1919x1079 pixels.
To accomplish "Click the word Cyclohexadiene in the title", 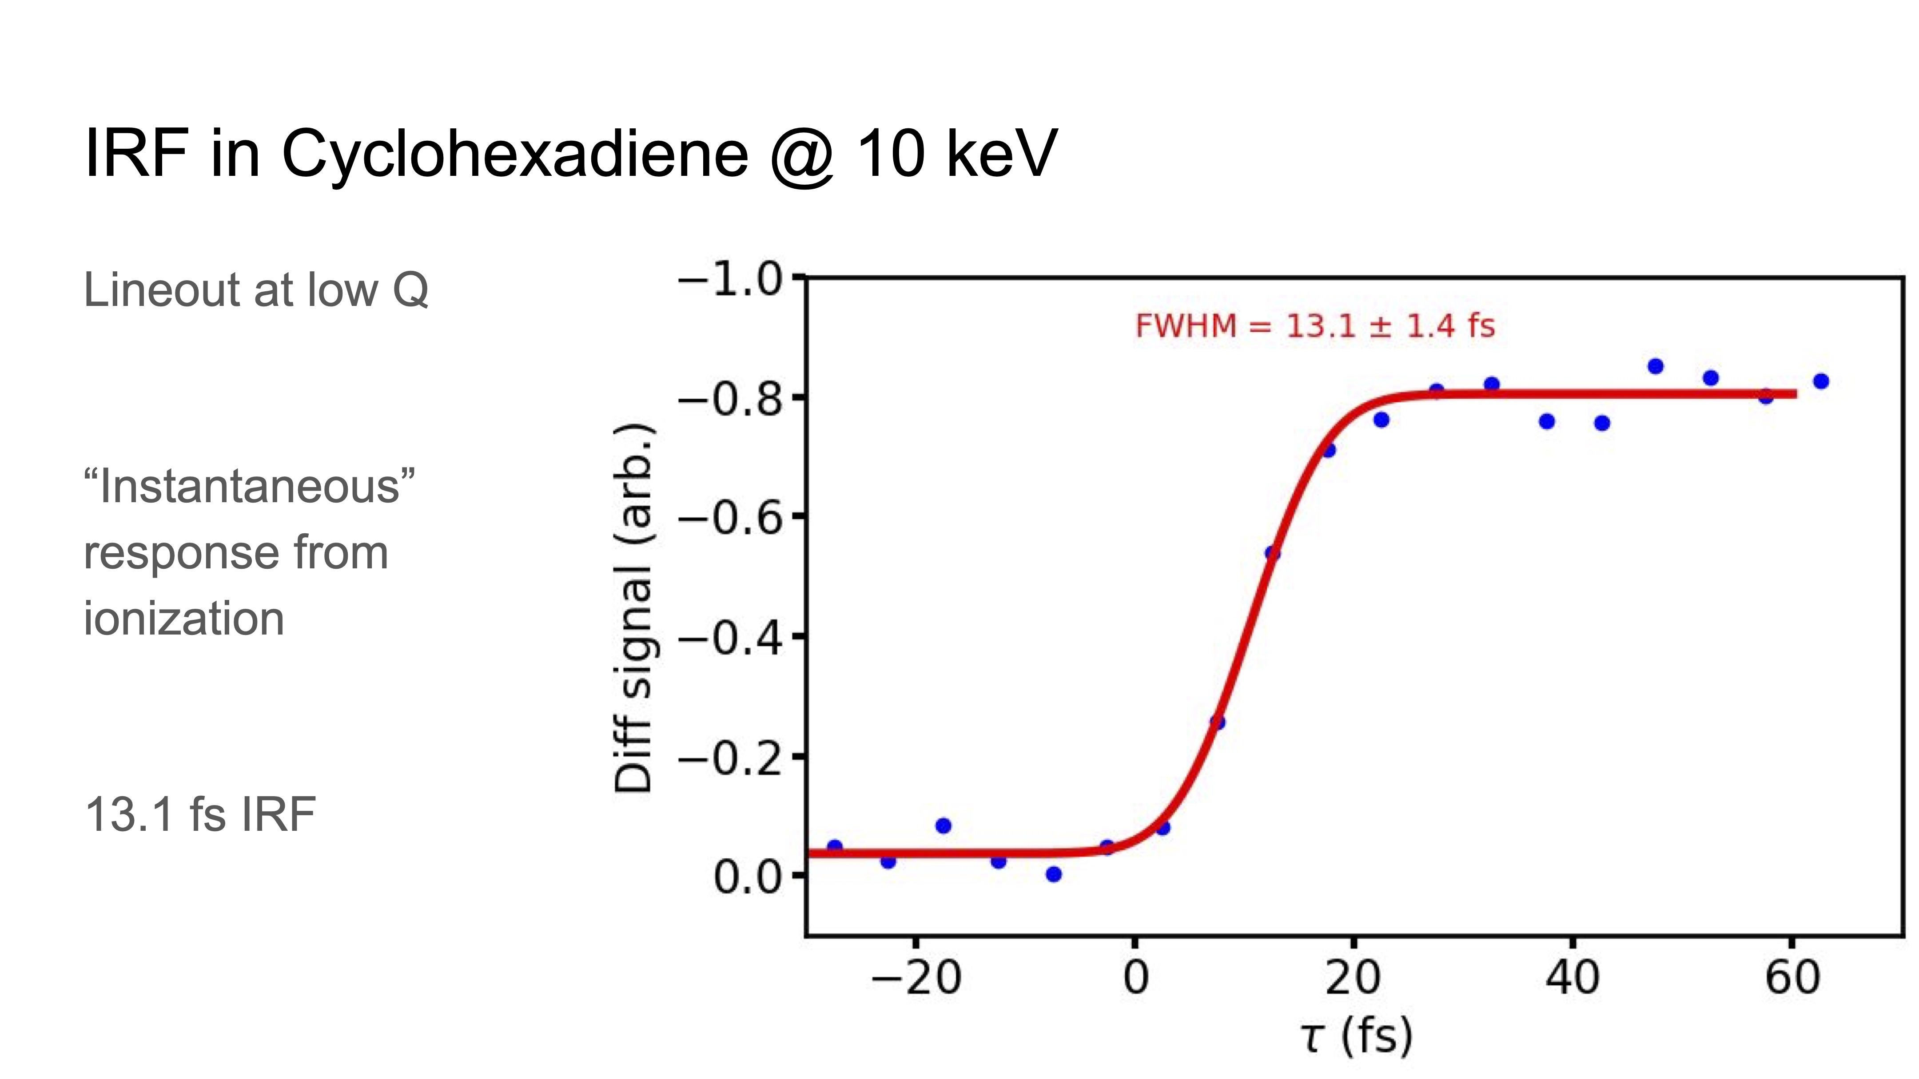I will (x=514, y=154).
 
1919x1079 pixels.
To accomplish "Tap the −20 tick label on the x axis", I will (x=916, y=979).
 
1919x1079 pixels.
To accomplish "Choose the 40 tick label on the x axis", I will (x=1572, y=979).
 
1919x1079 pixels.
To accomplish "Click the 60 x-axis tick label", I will (x=1792, y=979).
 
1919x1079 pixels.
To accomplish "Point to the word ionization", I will (x=184, y=619).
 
